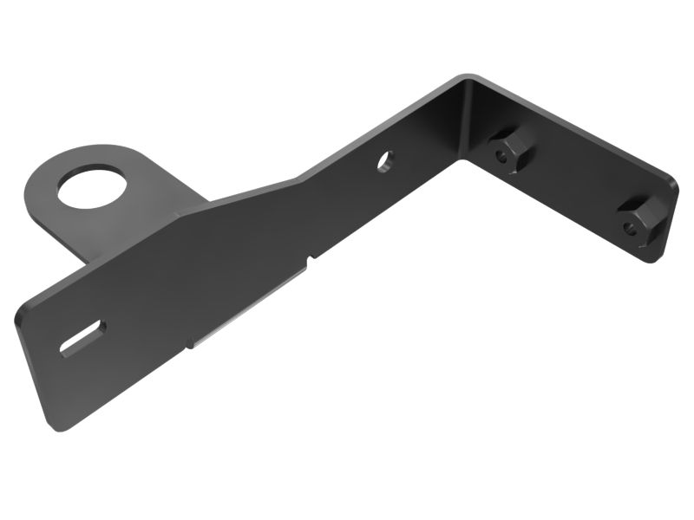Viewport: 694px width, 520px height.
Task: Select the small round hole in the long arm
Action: (385, 160)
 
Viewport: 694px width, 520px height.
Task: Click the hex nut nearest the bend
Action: (506, 150)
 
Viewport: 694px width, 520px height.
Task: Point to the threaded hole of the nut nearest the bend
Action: (502, 157)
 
